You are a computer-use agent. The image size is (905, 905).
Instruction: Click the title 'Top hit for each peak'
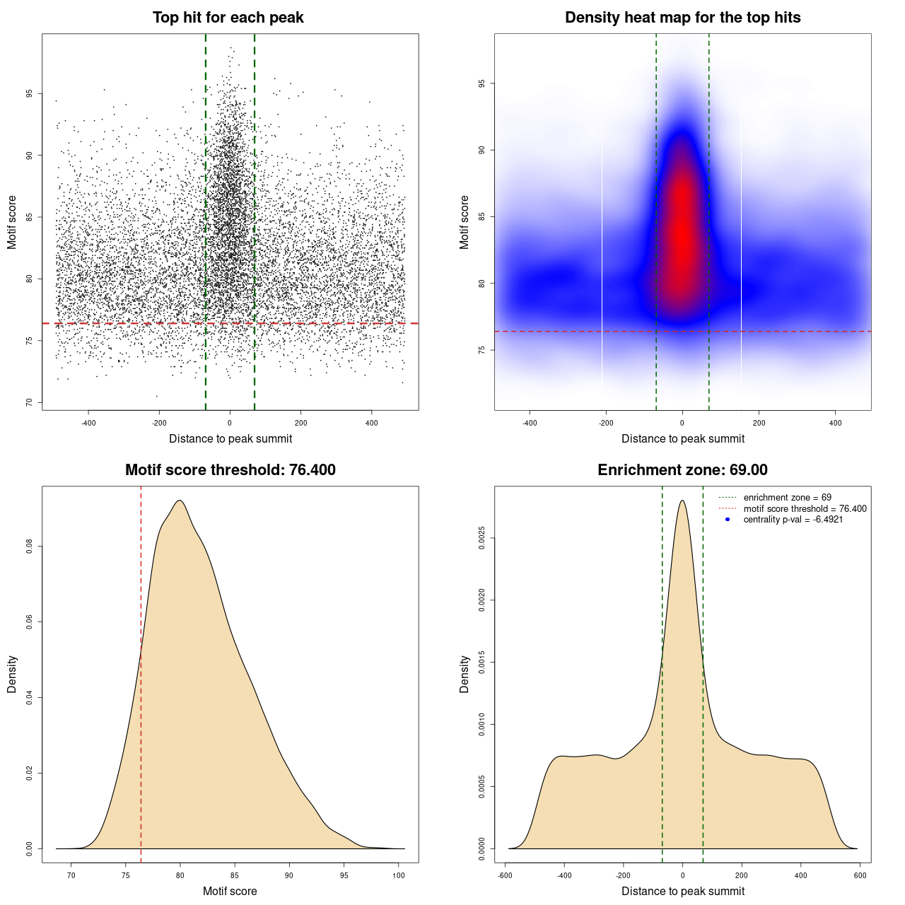point(228,18)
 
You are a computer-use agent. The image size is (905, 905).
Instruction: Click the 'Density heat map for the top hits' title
point(682,18)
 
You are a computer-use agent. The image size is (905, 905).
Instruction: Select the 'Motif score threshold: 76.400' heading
point(230,470)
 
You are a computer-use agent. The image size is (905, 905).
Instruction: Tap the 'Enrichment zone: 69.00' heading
point(682,470)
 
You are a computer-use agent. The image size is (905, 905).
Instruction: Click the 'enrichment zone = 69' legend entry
point(787,498)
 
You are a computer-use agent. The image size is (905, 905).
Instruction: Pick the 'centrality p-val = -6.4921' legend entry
point(793,520)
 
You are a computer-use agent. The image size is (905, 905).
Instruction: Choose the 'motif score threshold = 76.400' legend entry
point(805,509)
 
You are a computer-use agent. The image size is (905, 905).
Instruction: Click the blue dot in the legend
point(728,520)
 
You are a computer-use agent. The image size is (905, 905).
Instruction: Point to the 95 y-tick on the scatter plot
point(30,94)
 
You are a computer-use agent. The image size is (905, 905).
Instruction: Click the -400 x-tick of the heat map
point(530,423)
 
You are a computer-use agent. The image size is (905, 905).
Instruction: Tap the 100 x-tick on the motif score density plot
point(399,875)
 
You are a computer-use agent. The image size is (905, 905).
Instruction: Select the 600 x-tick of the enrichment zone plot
point(860,875)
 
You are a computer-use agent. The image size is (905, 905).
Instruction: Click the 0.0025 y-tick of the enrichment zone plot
point(482,539)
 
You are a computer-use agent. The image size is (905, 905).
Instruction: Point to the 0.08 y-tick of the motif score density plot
point(30,547)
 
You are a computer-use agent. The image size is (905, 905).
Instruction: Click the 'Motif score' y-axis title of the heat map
point(465,222)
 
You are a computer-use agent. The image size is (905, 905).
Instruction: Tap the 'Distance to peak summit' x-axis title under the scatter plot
point(230,439)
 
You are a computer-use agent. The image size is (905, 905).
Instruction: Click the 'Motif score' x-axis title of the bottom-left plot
point(230,892)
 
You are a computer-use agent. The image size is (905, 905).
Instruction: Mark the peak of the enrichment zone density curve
point(682,501)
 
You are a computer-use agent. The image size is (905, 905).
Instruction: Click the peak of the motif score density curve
point(180,501)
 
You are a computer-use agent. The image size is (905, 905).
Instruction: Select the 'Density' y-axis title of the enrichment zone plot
point(465,674)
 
